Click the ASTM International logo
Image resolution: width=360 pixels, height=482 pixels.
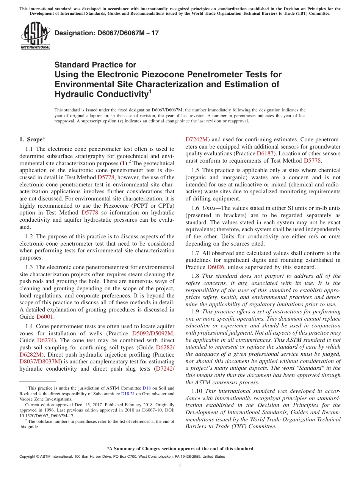(x=35, y=36)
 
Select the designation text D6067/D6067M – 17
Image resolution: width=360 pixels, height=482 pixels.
(x=106, y=33)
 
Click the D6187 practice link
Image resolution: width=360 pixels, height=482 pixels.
(x=265, y=153)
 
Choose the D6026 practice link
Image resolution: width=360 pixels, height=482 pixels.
(x=218, y=267)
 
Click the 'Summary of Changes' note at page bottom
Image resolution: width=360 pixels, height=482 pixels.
(x=180, y=449)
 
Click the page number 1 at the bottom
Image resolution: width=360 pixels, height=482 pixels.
(x=180, y=466)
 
